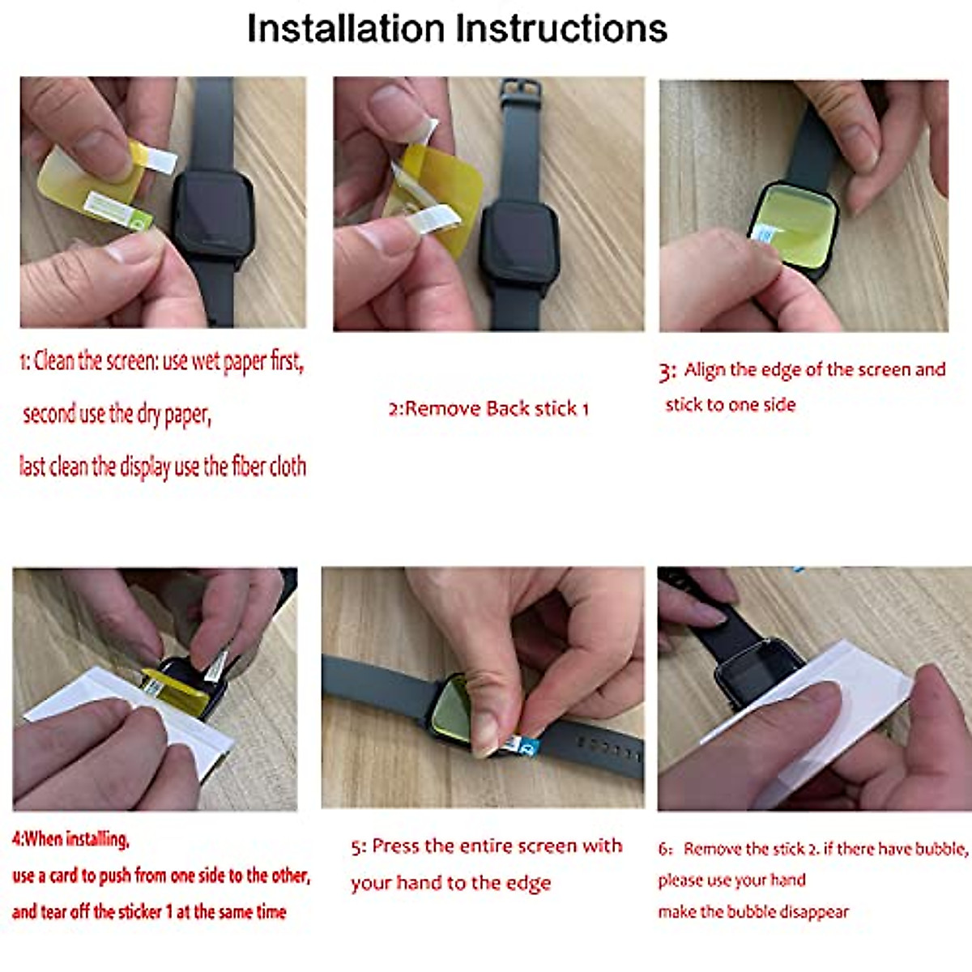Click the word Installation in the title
coord(346,28)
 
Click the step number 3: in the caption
coord(667,372)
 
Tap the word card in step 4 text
coord(63,876)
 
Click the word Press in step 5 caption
coord(395,846)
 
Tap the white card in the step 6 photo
coord(810,721)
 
